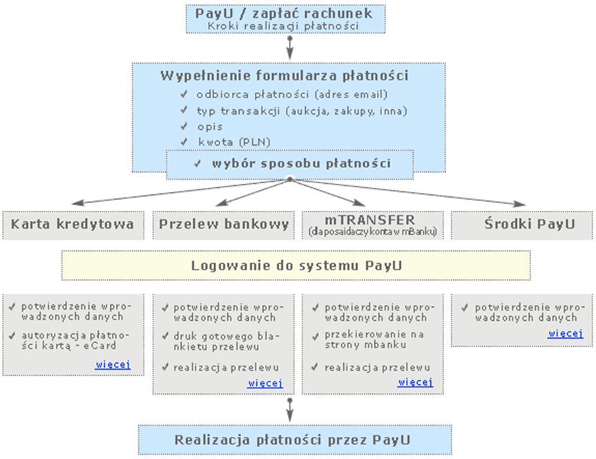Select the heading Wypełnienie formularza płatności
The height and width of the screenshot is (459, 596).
click(x=284, y=75)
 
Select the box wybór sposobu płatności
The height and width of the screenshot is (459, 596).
click(x=290, y=164)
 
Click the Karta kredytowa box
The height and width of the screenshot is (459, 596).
click(x=73, y=225)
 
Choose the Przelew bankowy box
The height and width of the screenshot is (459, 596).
click(x=224, y=225)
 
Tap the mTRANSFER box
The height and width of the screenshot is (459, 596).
click(x=372, y=225)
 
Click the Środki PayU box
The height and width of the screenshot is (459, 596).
click(x=523, y=225)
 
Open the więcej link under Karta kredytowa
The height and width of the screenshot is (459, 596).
click(x=113, y=364)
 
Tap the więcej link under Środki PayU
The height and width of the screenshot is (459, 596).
click(x=565, y=333)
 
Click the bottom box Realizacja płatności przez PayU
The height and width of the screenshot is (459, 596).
click(x=289, y=440)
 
